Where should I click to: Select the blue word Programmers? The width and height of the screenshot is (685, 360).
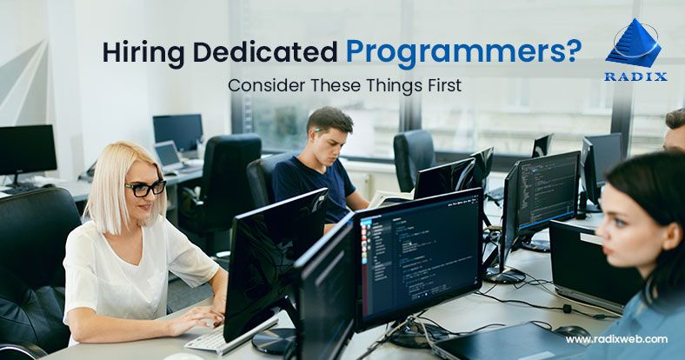click(439, 52)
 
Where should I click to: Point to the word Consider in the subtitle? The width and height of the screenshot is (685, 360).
click(262, 88)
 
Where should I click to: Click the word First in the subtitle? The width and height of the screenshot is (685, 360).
click(438, 88)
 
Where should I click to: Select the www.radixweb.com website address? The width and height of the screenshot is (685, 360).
click(616, 339)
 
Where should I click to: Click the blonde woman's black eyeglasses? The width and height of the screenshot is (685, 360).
click(145, 188)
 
